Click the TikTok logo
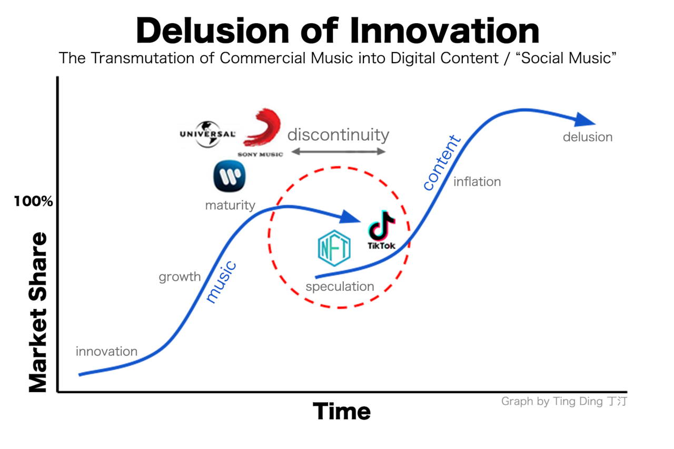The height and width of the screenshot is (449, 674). click(382, 230)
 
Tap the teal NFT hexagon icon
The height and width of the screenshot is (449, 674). click(334, 248)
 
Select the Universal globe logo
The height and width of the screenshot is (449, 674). click(207, 135)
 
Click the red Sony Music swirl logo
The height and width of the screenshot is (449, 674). click(261, 132)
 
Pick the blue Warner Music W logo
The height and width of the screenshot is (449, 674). click(229, 176)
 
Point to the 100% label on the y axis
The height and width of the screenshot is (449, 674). click(33, 201)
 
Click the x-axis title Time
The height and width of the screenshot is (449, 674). click(342, 411)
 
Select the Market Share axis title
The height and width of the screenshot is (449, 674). click(38, 312)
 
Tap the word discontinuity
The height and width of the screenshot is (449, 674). click(338, 135)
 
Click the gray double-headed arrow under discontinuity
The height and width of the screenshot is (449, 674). click(339, 151)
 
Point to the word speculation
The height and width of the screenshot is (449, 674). click(340, 287)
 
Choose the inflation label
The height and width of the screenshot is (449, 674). click(477, 181)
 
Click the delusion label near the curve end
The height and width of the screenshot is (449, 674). click(588, 137)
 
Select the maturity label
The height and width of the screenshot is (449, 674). click(230, 206)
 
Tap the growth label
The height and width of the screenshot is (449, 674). click(180, 277)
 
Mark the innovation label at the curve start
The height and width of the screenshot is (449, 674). click(106, 351)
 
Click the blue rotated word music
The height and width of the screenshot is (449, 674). click(221, 282)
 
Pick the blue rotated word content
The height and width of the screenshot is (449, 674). click(442, 162)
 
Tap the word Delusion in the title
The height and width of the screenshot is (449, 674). click(213, 31)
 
